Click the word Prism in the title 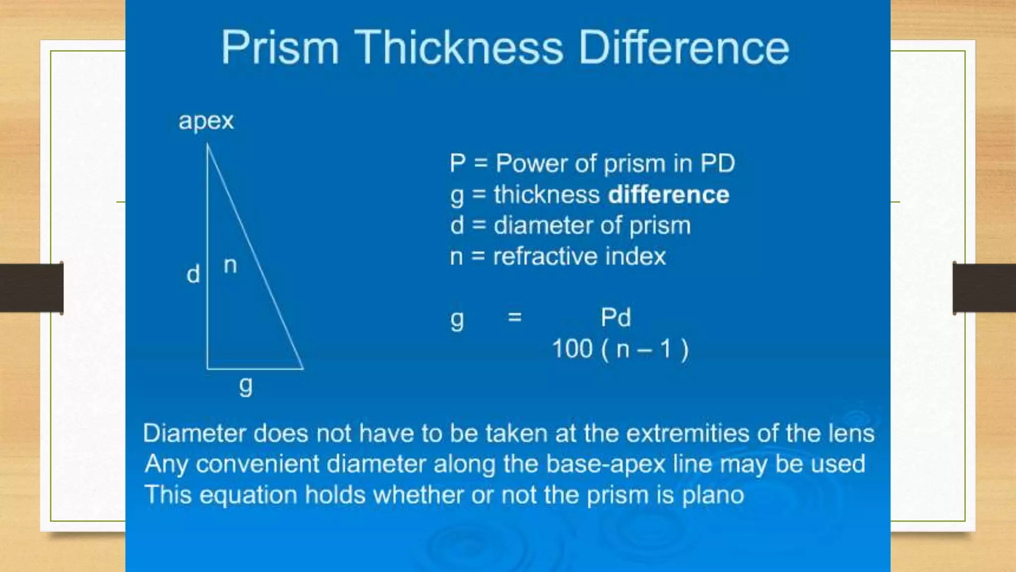[x=280, y=48]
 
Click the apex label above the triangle [x=206, y=121]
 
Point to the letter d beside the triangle [x=193, y=274]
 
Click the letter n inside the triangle [x=230, y=266]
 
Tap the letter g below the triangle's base [x=246, y=386]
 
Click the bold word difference [x=669, y=195]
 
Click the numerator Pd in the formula [x=616, y=317]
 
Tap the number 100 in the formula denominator [x=572, y=349]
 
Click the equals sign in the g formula [x=515, y=317]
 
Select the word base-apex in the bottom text [x=605, y=464]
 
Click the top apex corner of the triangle [x=207, y=144]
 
